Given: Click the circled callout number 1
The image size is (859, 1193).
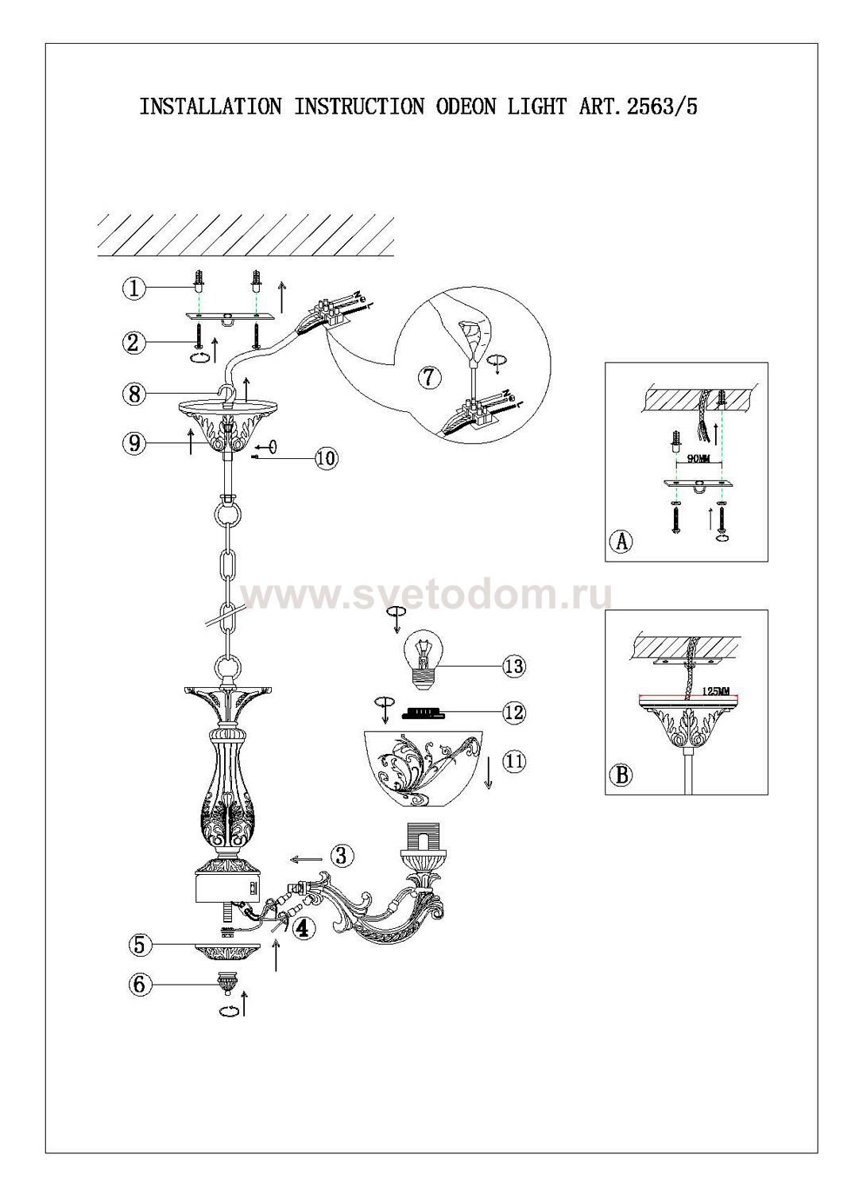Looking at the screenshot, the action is pyautogui.click(x=134, y=289).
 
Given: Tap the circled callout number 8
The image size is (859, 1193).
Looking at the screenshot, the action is pyautogui.click(x=134, y=394).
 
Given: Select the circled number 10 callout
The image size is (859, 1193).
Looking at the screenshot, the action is pyautogui.click(x=327, y=457).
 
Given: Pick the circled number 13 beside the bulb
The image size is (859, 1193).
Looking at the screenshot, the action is pyautogui.click(x=514, y=666).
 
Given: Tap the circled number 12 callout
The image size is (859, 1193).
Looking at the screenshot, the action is pyautogui.click(x=514, y=712).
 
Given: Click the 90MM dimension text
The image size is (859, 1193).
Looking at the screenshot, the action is pyautogui.click(x=698, y=460).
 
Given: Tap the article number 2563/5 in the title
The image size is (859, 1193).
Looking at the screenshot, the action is pyautogui.click(x=662, y=107).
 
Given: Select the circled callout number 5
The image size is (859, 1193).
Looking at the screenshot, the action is pyautogui.click(x=139, y=946).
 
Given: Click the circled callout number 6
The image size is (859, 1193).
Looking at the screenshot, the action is pyautogui.click(x=139, y=984).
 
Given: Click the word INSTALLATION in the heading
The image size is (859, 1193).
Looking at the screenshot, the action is pyautogui.click(x=211, y=107).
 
